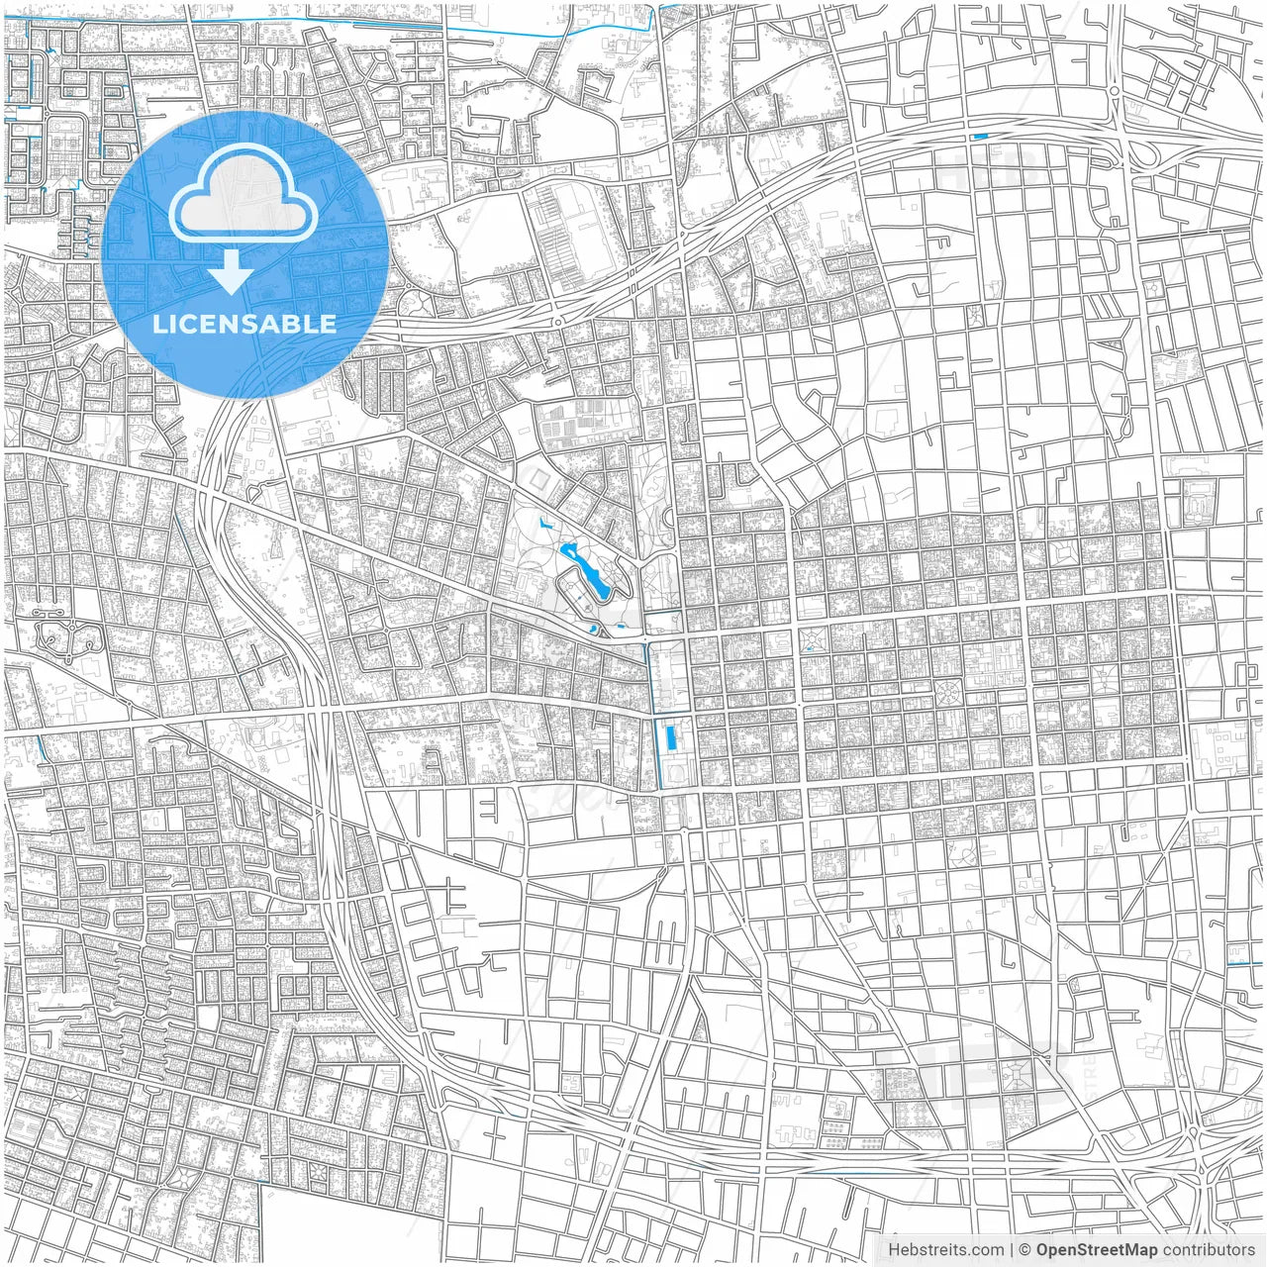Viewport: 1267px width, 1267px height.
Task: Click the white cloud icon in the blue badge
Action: coord(244,198)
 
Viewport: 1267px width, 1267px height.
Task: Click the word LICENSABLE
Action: coord(244,324)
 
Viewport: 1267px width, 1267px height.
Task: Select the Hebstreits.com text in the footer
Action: coord(945,1250)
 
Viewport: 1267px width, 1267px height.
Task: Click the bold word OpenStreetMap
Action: coord(1096,1250)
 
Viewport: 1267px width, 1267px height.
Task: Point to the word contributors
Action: coord(1209,1250)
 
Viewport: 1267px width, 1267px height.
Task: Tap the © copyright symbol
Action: coord(1024,1250)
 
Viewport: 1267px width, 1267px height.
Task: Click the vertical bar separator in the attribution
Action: coord(1011,1250)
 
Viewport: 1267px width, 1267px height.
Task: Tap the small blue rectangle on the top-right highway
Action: coord(981,137)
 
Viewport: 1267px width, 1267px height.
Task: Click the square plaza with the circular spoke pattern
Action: coord(945,692)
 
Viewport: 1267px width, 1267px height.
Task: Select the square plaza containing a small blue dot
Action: coord(812,644)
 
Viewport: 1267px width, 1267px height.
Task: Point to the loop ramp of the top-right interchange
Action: coord(1148,153)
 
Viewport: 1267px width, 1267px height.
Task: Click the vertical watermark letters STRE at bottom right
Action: coord(1091,1073)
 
